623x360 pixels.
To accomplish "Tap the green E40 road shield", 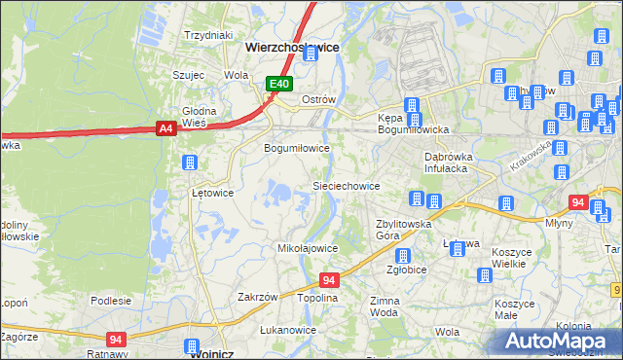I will pyautogui.click(x=280, y=85).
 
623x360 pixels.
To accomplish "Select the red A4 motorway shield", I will pyautogui.click(x=166, y=127).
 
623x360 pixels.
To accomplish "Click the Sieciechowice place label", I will pyautogui.click(x=346, y=185).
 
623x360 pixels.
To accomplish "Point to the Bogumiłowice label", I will pyautogui.click(x=298, y=148).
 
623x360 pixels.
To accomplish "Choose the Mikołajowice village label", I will pyautogui.click(x=308, y=248).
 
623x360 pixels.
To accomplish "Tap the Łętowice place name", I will pyautogui.click(x=212, y=193).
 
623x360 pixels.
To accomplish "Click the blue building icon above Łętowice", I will pyautogui.click(x=190, y=162).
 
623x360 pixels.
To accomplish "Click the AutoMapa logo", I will pyautogui.click(x=558, y=341).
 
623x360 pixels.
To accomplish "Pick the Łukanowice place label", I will pyautogui.click(x=288, y=330).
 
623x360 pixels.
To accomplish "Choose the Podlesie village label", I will pyautogui.click(x=111, y=301).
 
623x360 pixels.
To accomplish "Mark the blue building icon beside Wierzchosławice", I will pyautogui.click(x=311, y=54).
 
